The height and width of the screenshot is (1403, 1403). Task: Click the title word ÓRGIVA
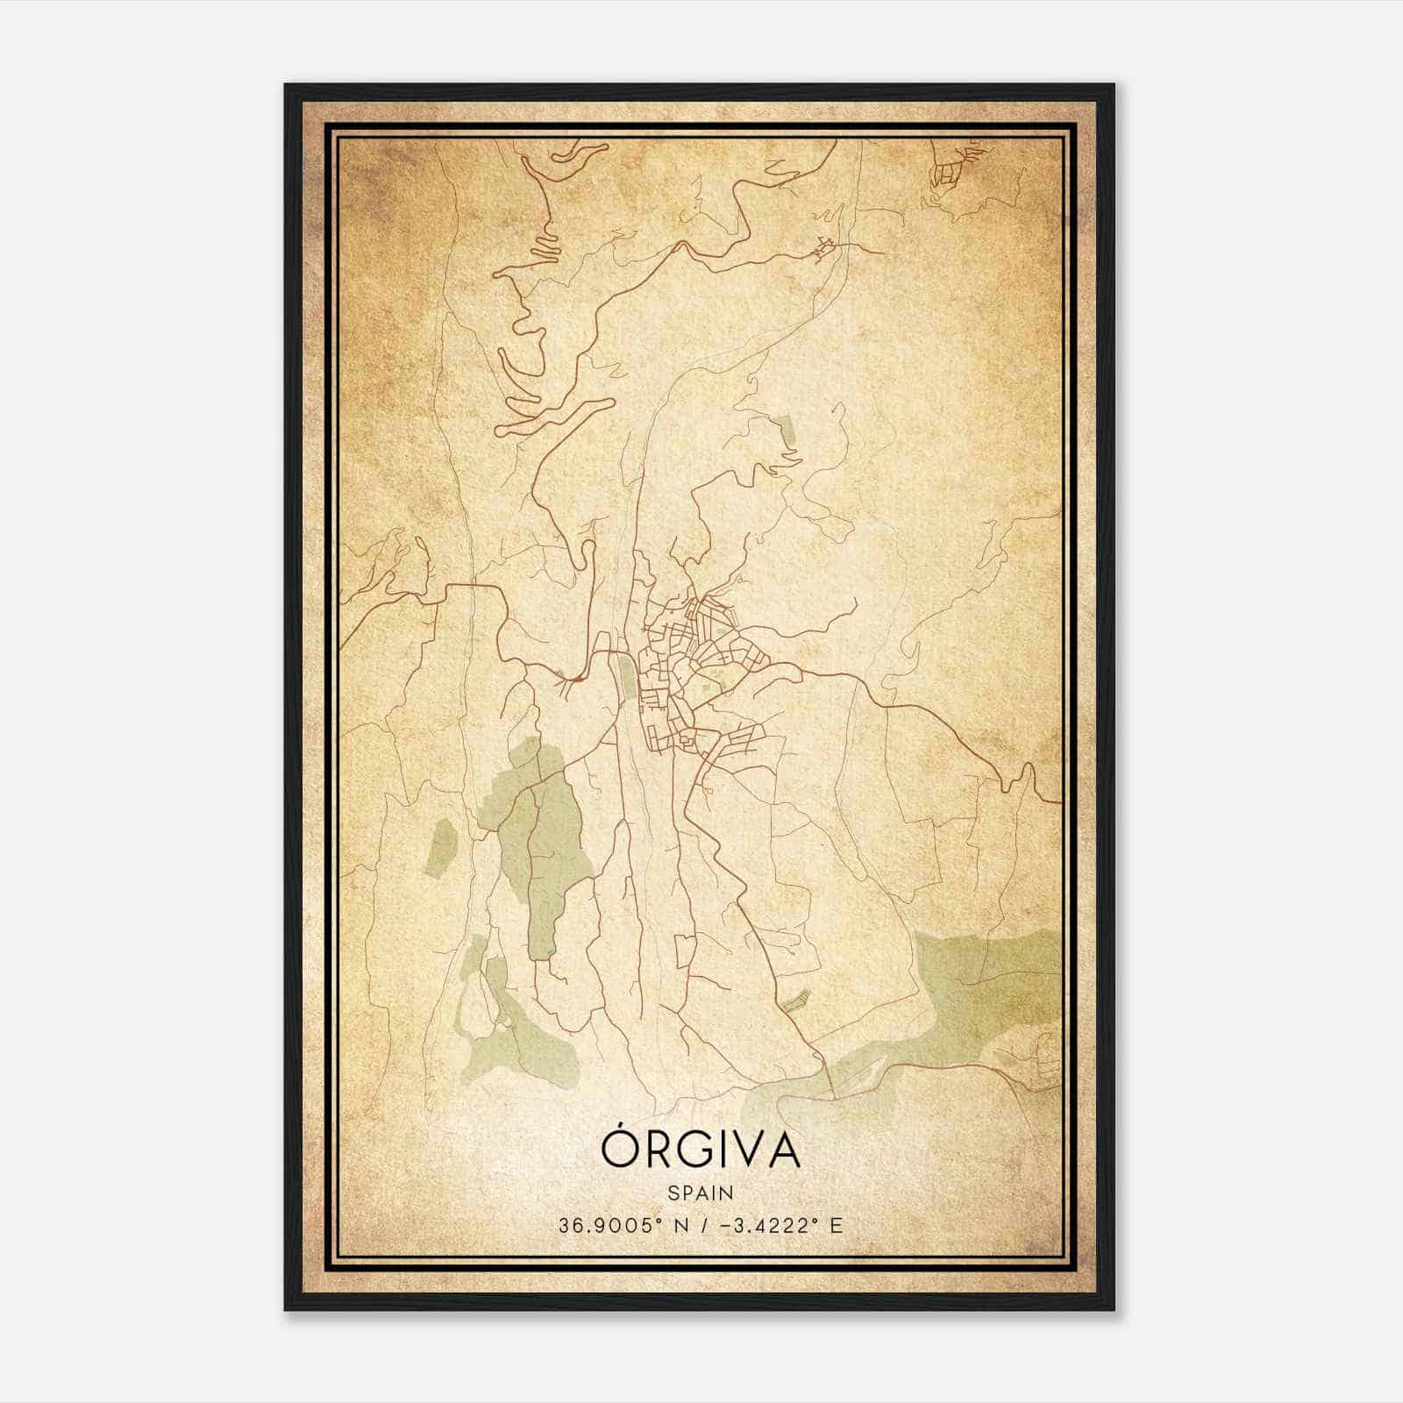point(701,1150)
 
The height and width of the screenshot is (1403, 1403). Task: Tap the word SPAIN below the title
point(700,1193)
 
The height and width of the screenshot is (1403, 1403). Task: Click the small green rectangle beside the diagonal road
point(795,1001)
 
